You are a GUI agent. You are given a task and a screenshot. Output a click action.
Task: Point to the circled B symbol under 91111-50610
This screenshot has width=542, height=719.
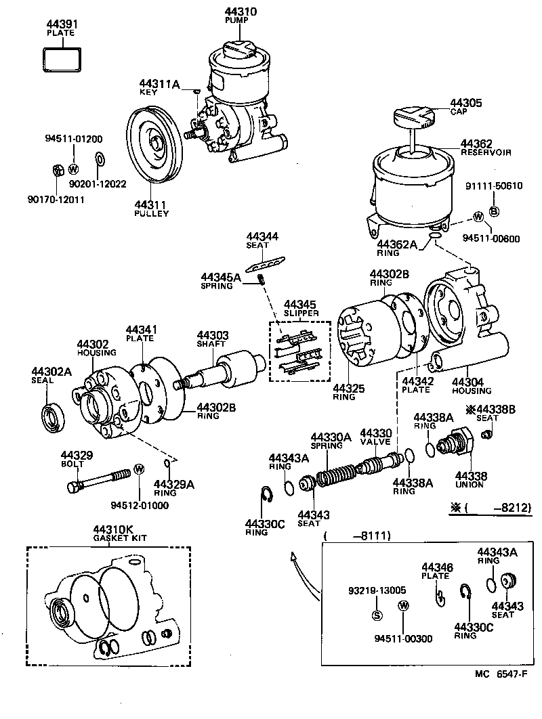pyautogui.click(x=494, y=212)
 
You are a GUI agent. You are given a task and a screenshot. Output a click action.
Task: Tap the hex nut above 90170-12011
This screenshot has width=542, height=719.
pyautogui.click(x=58, y=169)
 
